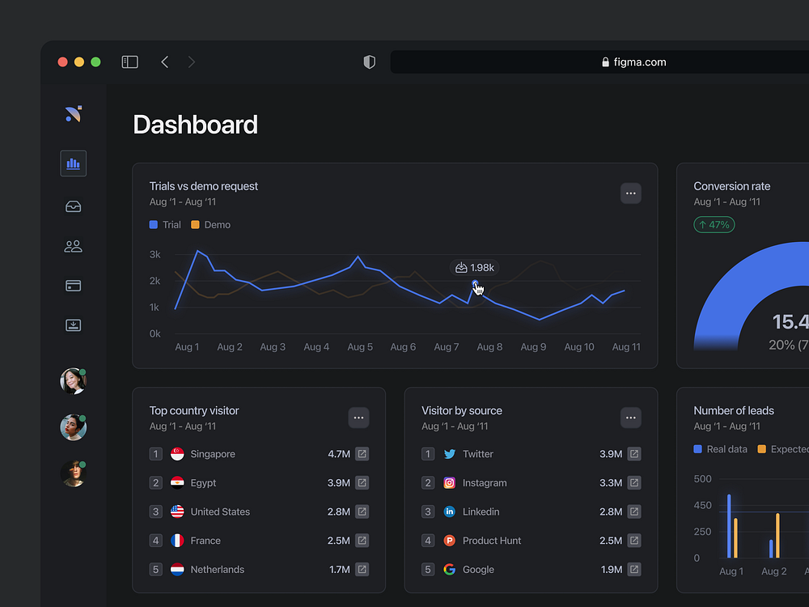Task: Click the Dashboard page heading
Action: pos(195,125)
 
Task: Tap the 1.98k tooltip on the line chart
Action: pos(474,268)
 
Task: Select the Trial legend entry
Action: pos(165,225)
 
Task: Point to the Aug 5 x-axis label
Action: pos(360,347)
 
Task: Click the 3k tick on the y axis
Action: pos(155,255)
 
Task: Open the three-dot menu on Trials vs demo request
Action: pos(631,193)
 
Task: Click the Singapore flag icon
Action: pos(177,454)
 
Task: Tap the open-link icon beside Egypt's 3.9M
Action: pos(362,483)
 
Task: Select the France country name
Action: pos(205,541)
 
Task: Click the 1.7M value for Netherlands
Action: pos(340,570)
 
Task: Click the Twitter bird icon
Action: pos(450,454)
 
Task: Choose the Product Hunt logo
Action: pos(450,541)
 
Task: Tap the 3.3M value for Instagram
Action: pos(611,483)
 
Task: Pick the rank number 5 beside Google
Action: pos(428,570)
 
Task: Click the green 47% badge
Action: pos(714,225)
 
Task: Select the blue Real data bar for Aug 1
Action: pos(729,526)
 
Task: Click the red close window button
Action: pos(63,62)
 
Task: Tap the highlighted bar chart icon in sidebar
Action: pos(74,163)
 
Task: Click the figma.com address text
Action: pos(639,62)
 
